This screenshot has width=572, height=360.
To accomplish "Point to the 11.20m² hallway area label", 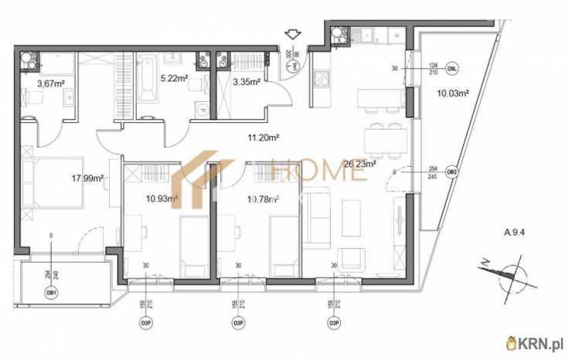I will click(x=262, y=138).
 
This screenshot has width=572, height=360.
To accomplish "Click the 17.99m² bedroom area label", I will click(x=87, y=178).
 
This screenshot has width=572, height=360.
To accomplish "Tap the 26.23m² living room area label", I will click(x=360, y=164).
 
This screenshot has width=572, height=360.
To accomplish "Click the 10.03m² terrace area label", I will click(x=454, y=93).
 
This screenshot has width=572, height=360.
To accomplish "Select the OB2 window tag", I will click(x=453, y=172).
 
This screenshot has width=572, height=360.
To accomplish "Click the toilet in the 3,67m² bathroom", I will click(x=36, y=97).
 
